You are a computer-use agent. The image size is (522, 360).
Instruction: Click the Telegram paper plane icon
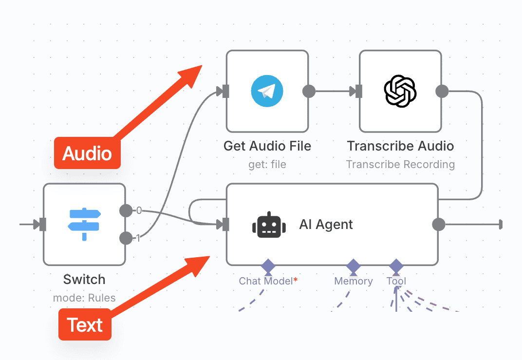coord(267,91)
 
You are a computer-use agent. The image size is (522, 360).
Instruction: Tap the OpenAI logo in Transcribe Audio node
coord(400,91)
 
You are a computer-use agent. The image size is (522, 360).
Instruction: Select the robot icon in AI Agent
coord(267,225)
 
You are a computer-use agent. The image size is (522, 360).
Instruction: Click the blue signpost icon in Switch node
coord(84,224)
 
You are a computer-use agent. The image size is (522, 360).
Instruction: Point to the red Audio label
coord(87,153)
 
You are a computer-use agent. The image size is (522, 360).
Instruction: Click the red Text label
coord(85,324)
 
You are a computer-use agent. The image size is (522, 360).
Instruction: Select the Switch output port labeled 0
coord(126,210)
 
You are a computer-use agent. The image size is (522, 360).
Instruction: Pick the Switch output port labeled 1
coord(126,238)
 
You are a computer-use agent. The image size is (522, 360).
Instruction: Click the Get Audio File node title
coord(267,146)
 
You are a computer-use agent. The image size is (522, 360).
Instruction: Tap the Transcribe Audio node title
coord(400,146)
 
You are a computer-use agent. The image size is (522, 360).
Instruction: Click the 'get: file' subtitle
coord(267,164)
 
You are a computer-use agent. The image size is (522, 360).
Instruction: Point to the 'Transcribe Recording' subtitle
coord(400,164)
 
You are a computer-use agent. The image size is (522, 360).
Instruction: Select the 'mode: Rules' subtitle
coord(84,297)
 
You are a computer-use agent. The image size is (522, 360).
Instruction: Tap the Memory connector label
coord(353,281)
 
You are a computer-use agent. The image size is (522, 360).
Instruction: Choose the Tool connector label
coord(396,281)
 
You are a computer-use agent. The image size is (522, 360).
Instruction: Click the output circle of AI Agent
coord(439,225)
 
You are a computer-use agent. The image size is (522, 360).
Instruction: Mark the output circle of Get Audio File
coord(309,91)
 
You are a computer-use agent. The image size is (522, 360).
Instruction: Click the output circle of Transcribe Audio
coord(442,91)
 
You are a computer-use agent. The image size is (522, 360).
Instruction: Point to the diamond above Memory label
coord(353,266)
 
